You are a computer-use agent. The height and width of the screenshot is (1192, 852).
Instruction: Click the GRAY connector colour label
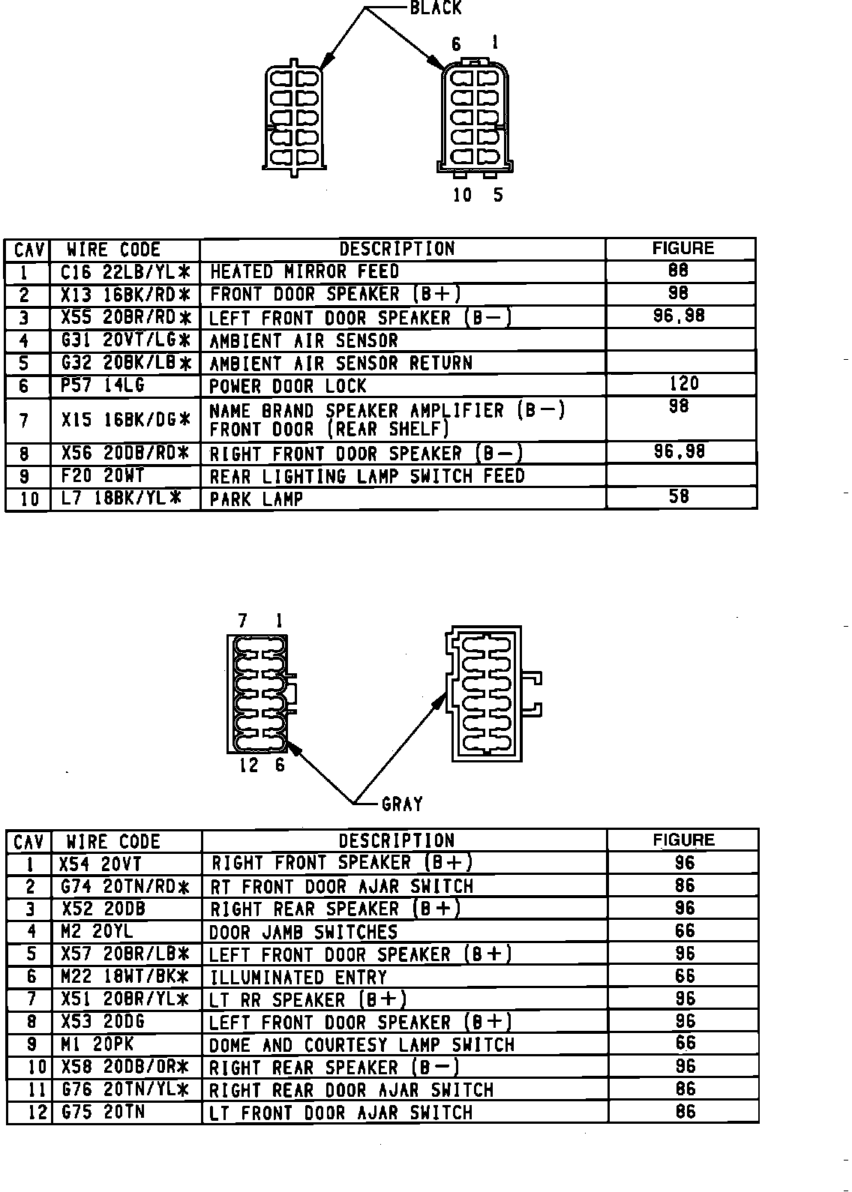402,804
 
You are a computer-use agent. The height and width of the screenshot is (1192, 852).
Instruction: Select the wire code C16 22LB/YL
124,271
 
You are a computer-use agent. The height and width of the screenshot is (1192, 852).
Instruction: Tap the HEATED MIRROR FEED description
304,271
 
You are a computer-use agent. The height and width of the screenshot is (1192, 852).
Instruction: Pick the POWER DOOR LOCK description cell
288,386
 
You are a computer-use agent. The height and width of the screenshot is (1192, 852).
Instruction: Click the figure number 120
682,384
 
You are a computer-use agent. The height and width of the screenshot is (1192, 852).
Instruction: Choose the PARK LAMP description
256,499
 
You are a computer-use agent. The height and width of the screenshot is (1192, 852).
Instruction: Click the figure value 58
678,496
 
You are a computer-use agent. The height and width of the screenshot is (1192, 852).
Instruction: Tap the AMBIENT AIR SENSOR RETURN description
340,364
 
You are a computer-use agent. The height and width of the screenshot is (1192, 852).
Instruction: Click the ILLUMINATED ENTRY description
298,978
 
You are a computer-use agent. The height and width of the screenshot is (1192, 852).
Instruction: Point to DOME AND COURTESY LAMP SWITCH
361,1045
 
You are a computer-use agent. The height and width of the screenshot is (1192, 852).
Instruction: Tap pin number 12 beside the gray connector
249,765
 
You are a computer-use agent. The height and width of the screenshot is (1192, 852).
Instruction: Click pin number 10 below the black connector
463,195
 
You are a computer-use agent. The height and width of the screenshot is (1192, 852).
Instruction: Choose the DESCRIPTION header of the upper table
397,249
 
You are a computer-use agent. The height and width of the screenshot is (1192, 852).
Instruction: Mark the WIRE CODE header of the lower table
113,841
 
